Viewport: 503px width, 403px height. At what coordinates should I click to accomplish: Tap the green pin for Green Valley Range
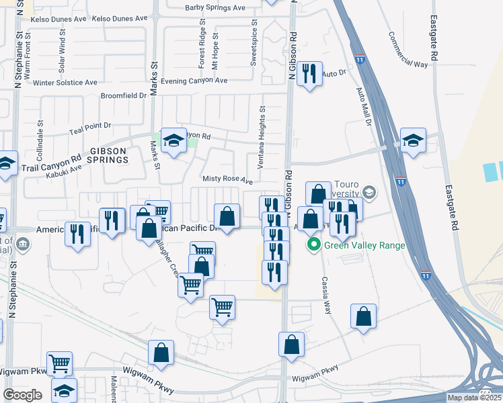click(313, 244)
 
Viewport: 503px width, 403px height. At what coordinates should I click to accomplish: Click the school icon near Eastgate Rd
click(413, 140)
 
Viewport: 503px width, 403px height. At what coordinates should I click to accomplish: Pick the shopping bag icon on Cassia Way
click(363, 317)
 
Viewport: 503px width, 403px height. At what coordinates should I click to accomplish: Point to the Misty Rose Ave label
click(227, 180)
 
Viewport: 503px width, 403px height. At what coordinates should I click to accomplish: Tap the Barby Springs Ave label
click(215, 8)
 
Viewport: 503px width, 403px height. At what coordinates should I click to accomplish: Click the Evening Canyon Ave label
click(189, 80)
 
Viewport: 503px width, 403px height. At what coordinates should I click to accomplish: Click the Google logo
click(22, 395)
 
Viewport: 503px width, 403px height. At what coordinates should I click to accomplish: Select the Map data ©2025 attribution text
click(474, 398)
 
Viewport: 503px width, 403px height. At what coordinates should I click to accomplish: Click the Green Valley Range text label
click(364, 245)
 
